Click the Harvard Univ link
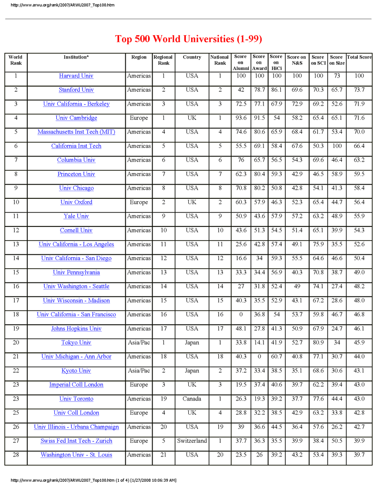76,76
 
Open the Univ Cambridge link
76,118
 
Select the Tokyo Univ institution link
76,343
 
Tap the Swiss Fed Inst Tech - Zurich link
76,441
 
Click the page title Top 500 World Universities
188,39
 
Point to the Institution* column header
76,57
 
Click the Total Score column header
359,57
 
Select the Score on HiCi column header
276,62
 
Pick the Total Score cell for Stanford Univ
359,90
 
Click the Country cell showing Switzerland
192,441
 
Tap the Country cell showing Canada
192,399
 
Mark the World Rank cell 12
16,231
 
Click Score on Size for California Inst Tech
336,146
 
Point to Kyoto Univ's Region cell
139,371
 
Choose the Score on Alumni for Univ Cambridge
241,118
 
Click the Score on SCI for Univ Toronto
318,399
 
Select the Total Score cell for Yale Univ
359,216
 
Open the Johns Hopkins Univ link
76,329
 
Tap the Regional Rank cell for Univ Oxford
163,202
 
